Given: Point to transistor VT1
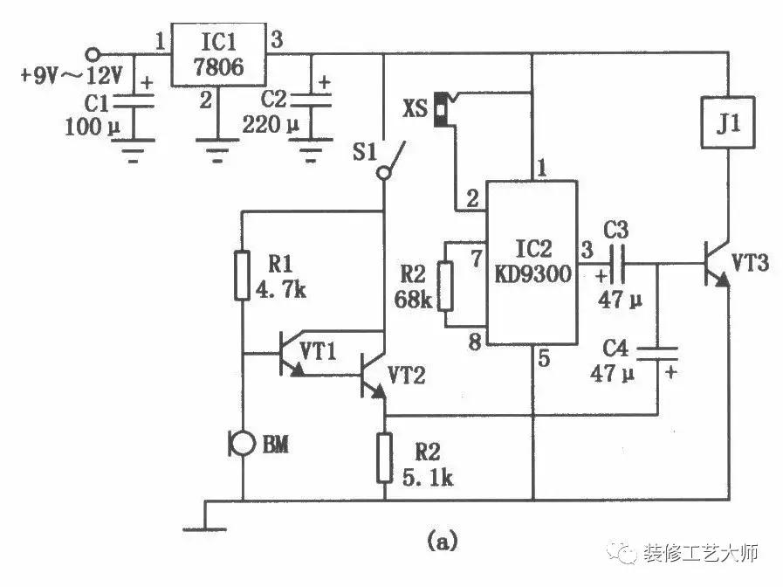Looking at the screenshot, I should [x=288, y=353].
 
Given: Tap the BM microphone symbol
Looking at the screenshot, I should [x=238, y=444].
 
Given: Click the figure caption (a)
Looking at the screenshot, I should [x=440, y=542].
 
